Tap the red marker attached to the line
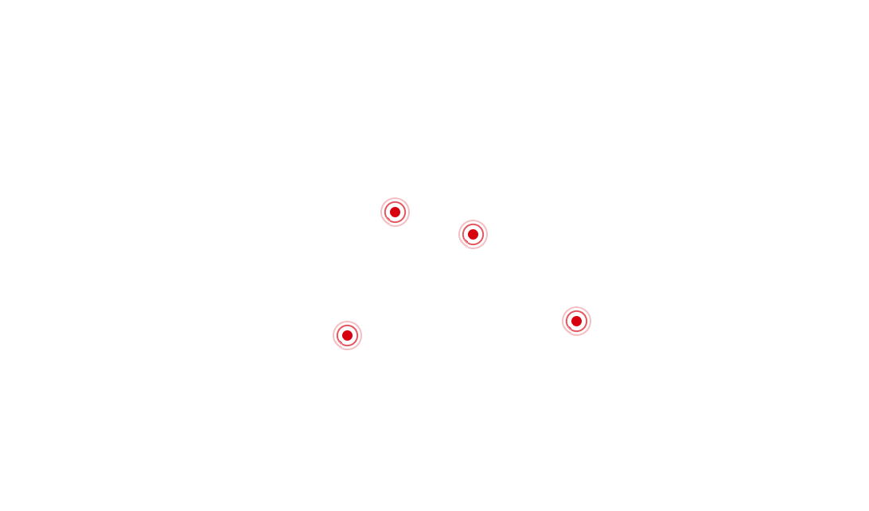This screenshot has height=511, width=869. pos(473,235)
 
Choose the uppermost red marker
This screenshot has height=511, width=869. pos(395,213)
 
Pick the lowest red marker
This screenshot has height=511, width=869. pos(347,335)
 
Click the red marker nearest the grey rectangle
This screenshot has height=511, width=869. pos(576,321)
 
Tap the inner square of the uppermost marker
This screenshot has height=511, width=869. pos(395,213)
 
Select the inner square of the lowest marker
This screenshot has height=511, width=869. pos(347,335)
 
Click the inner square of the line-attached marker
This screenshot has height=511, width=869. pos(473,235)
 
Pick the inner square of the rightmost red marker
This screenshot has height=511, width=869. pos(576,321)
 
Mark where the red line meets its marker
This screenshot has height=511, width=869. pos(460,236)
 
